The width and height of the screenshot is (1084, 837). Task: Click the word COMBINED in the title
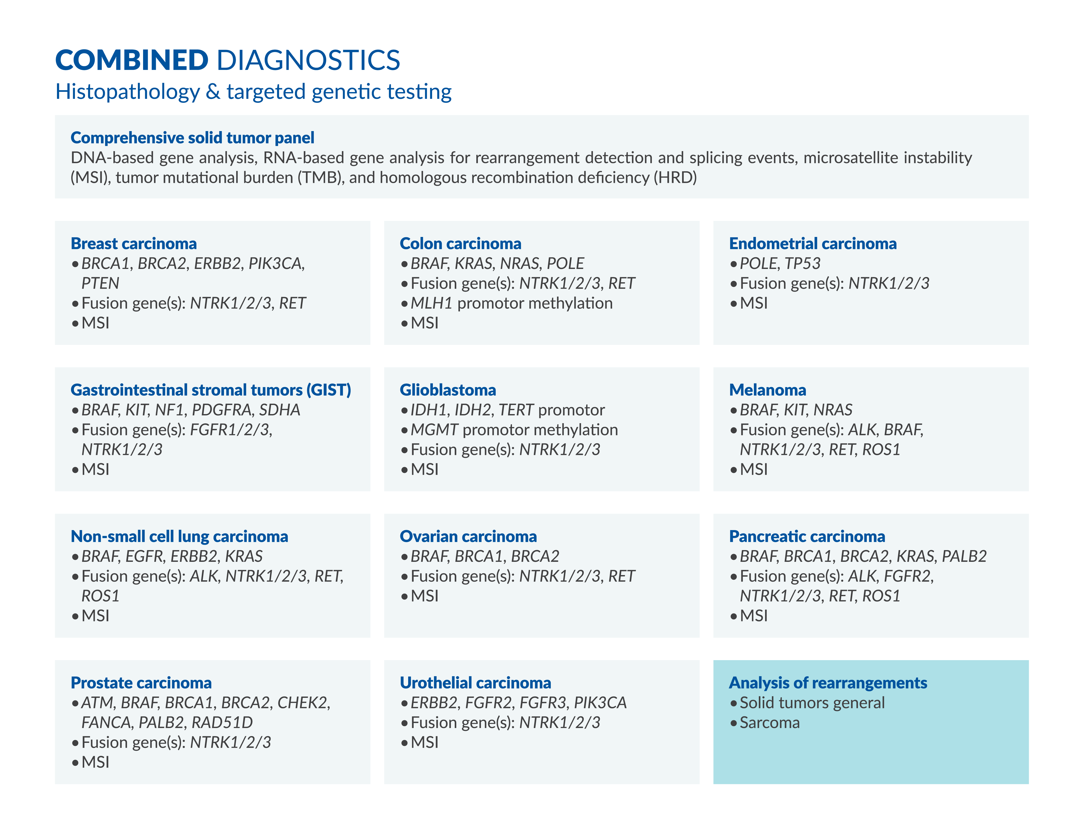point(132,60)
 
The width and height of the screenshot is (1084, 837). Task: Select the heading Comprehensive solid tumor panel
point(193,137)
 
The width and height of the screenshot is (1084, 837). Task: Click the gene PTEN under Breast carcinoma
point(100,283)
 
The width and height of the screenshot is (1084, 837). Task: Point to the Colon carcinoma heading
point(461,244)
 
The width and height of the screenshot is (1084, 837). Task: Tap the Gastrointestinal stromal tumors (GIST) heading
point(211,390)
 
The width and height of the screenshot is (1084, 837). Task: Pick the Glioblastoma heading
point(448,390)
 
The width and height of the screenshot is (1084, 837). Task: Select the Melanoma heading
point(767,390)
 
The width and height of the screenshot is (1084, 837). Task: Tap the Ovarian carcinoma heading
point(468,536)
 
